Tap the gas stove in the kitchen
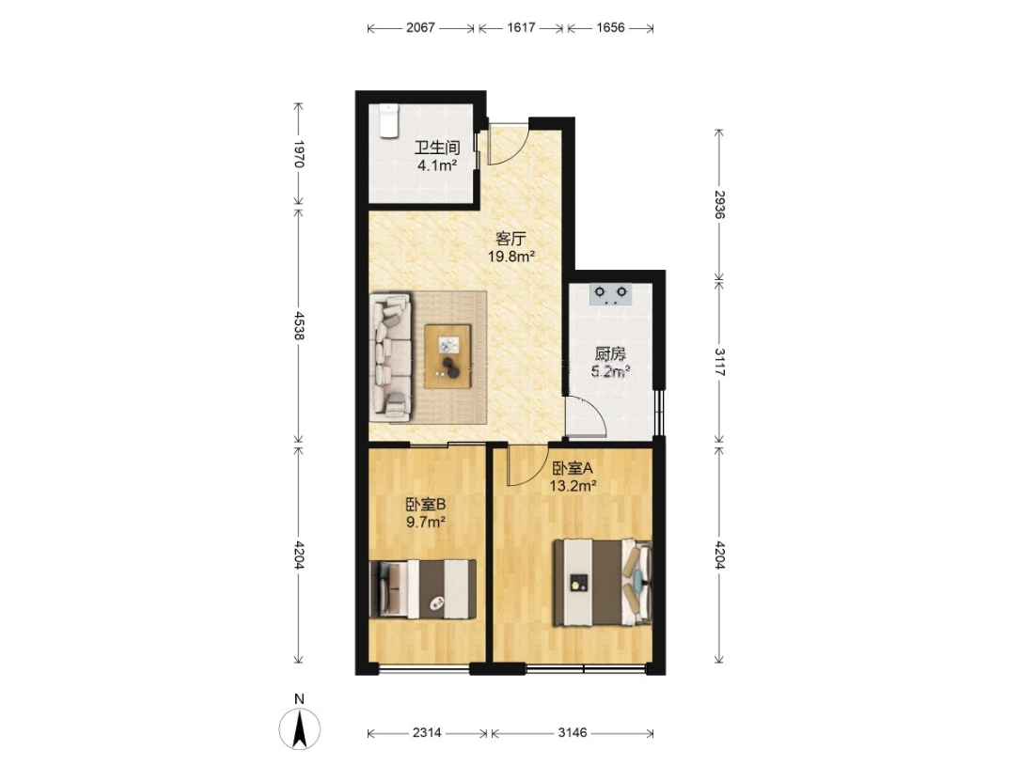click(610, 294)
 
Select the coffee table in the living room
click(448, 356)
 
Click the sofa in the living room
click(391, 356)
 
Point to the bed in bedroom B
click(422, 589)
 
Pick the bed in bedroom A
click(603, 583)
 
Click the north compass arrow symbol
click(300, 729)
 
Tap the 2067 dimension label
click(420, 28)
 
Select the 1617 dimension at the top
click(521, 28)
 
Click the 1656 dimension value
click(610, 28)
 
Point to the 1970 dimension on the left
click(299, 154)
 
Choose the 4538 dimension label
click(299, 325)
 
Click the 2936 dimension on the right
click(719, 204)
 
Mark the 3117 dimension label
click(719, 362)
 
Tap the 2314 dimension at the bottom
click(427, 733)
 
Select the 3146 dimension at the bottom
click(573, 733)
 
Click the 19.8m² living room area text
click(511, 257)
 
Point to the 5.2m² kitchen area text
click(610, 372)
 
